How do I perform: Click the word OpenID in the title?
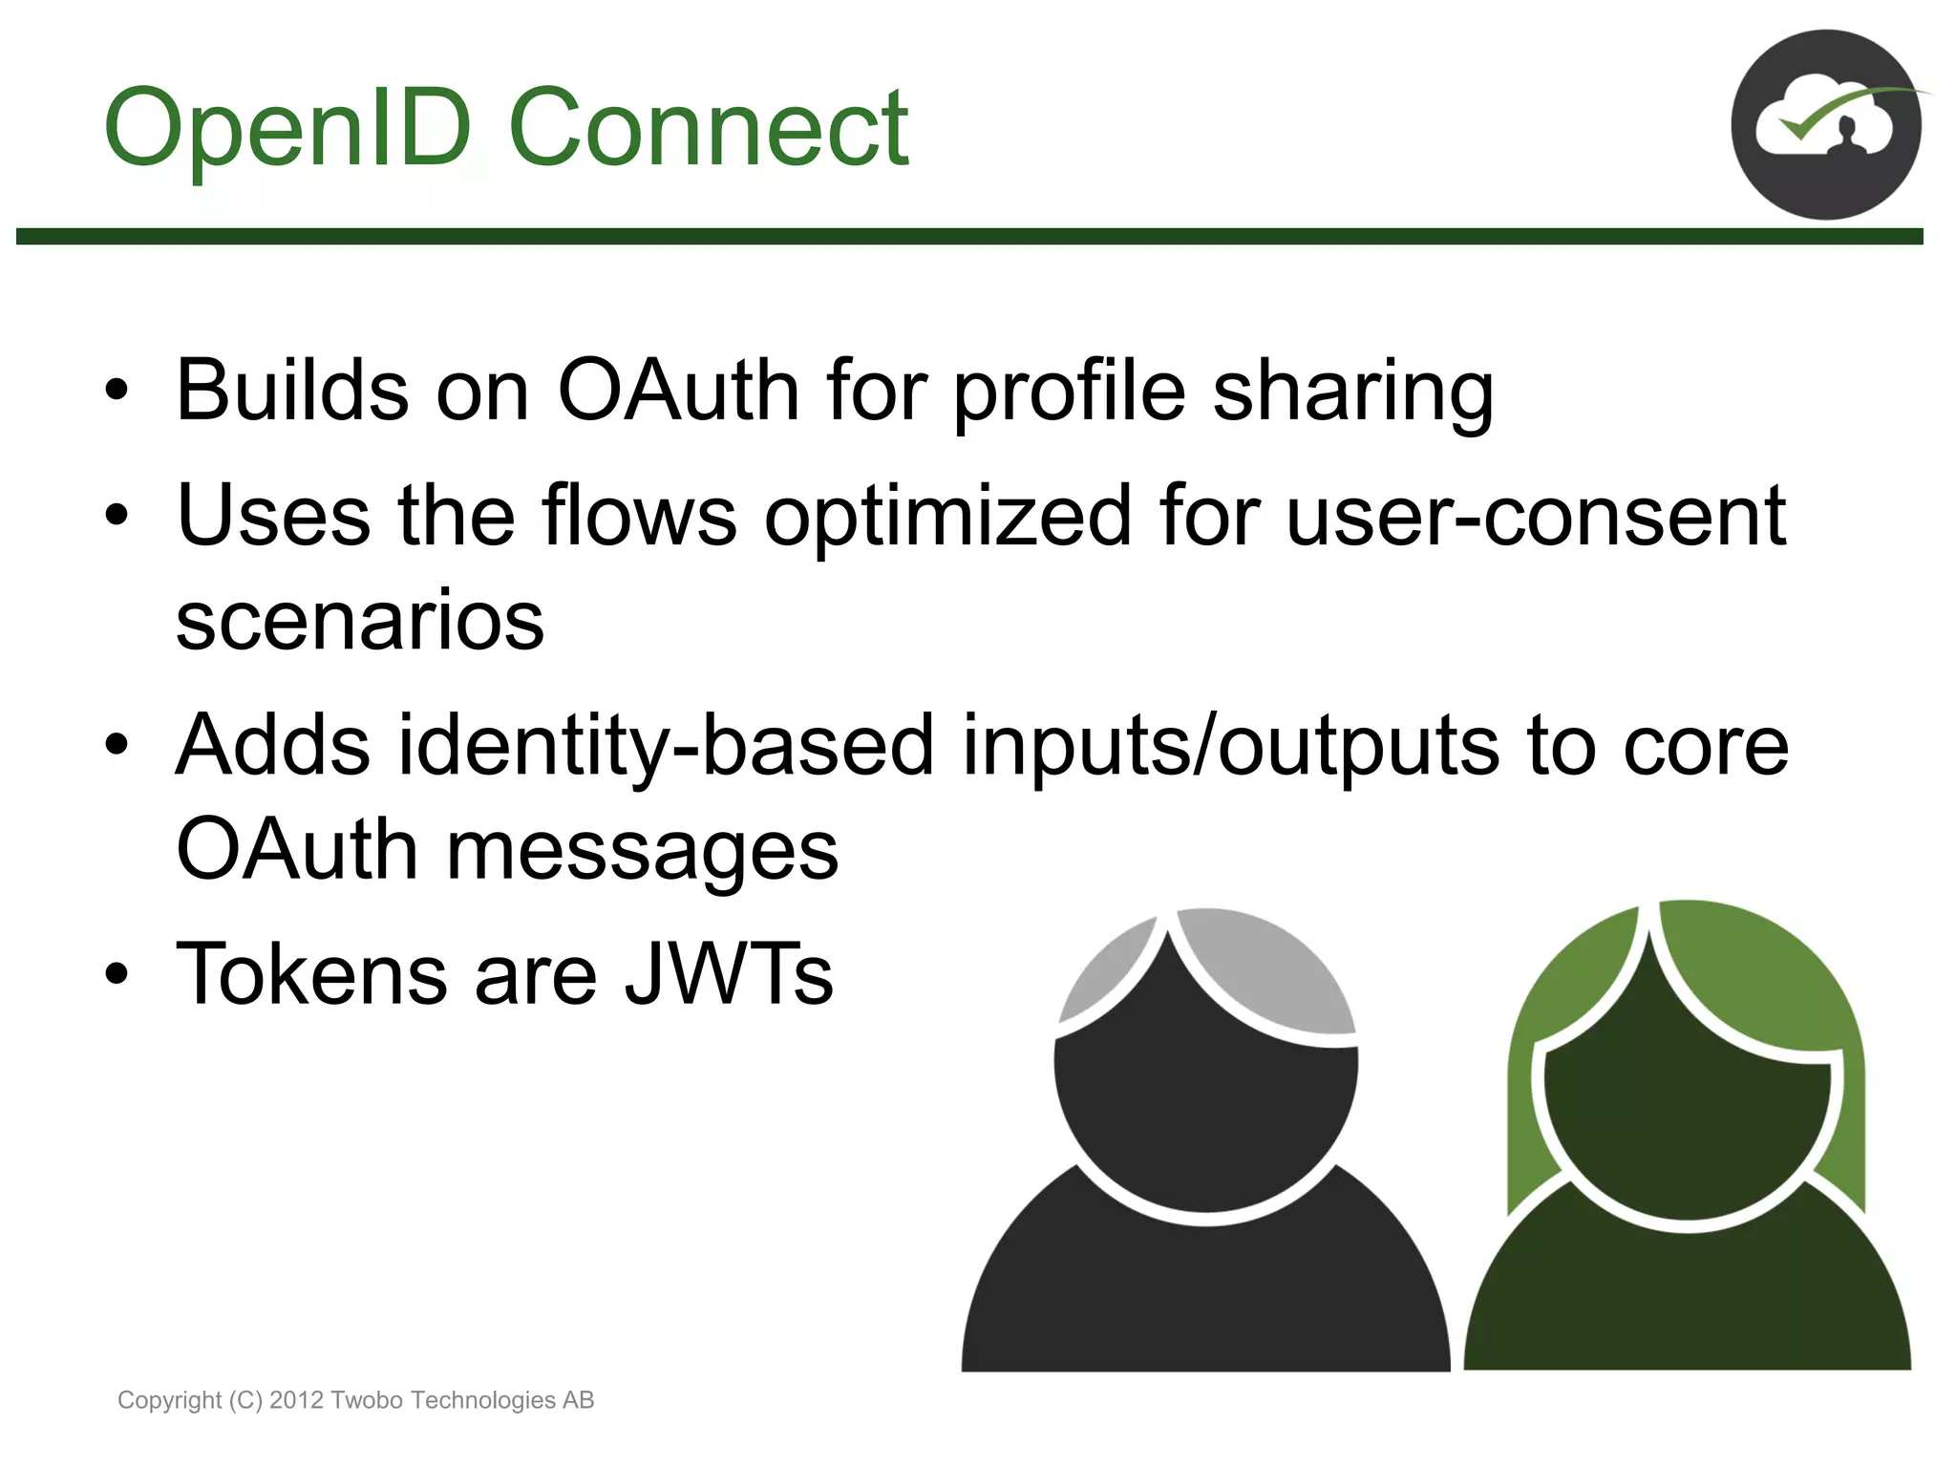tap(287, 129)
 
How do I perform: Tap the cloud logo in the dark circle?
tap(1825, 125)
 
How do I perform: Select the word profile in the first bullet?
tap(1069, 392)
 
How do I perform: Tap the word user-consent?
tap(1535, 516)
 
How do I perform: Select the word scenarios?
tap(360, 621)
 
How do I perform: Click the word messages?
tap(642, 851)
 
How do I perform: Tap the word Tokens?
tap(311, 974)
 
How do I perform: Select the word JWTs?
tap(729, 974)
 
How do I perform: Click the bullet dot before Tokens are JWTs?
tap(117, 974)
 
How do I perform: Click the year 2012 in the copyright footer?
tap(296, 1400)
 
